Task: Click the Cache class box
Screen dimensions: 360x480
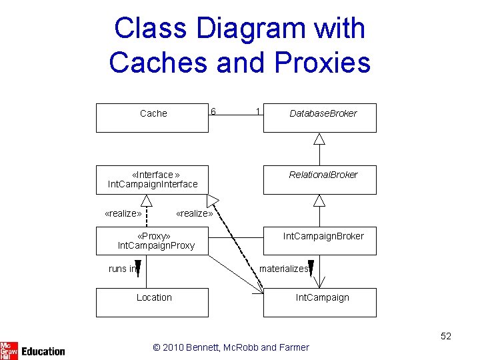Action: [x=152, y=118]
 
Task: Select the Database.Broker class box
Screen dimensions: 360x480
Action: [x=320, y=118]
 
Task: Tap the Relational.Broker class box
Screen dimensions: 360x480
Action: [x=320, y=180]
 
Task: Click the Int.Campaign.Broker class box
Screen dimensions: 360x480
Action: [x=320, y=241]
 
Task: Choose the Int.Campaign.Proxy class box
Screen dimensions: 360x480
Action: [x=152, y=241]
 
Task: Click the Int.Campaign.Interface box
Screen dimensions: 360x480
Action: [x=152, y=180]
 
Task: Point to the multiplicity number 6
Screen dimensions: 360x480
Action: [x=213, y=111]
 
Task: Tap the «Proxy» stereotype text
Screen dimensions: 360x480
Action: [x=153, y=236]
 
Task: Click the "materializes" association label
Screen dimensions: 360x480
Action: [x=283, y=269]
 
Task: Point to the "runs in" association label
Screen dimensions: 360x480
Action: [x=123, y=269]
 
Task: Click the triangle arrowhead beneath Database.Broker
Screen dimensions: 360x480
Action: [x=319, y=139]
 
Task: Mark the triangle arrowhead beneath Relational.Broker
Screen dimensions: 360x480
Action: [x=319, y=200]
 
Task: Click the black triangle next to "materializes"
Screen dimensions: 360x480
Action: [x=311, y=268]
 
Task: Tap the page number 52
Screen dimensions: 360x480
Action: [x=445, y=336]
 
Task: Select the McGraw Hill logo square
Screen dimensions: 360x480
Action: [x=9, y=350]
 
